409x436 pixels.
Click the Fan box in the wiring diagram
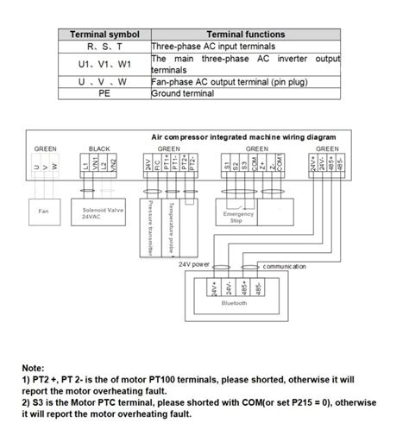(44, 211)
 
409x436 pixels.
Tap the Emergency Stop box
(238, 216)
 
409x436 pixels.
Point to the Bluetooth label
(234, 303)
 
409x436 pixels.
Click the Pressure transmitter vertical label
(150, 227)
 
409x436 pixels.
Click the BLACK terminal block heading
(99, 148)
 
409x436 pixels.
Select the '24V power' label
(194, 263)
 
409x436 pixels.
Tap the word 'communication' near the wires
(284, 266)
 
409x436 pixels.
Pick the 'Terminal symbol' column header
(104, 34)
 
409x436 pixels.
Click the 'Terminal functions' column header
(245, 34)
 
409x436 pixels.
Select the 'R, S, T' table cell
(104, 45)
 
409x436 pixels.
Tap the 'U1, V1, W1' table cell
(104, 64)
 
